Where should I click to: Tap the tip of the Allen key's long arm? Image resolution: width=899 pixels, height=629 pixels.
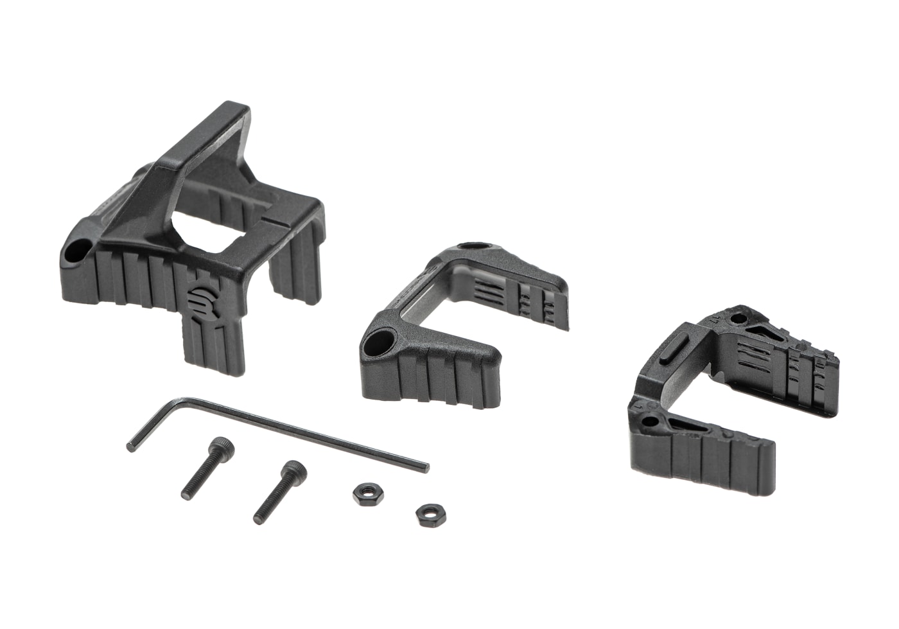click(424, 466)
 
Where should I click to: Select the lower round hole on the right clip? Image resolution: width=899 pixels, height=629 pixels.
click(651, 422)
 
